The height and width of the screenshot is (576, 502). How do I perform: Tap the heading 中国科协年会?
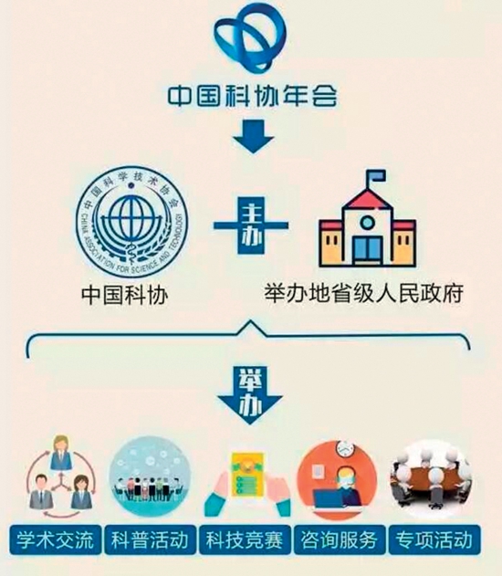click(253, 96)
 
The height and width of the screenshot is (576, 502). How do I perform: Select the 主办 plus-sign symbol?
click(251, 225)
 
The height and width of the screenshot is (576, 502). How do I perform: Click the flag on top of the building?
click(377, 176)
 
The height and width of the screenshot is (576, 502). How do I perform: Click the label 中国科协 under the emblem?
click(125, 295)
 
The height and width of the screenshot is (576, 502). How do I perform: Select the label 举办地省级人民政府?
click(363, 293)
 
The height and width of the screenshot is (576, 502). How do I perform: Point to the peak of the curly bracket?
click(251, 321)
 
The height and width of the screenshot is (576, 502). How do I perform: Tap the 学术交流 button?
click(55, 540)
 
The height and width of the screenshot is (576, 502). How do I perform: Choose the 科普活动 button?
click(150, 540)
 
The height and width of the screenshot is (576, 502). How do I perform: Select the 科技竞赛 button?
click(245, 540)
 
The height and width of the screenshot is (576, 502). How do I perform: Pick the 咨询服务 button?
click(340, 540)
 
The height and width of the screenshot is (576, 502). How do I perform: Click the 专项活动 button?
click(434, 540)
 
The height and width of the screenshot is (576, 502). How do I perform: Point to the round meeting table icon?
click(431, 478)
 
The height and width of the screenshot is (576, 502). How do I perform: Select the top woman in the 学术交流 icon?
click(61, 454)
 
